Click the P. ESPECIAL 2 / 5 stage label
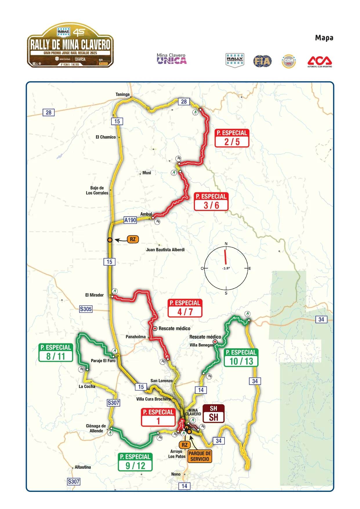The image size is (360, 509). pos(232,138)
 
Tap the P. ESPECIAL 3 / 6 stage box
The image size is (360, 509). pos(211,201)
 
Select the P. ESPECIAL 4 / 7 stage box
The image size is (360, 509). pos(185,308)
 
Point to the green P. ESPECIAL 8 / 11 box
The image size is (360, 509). pos(55,353)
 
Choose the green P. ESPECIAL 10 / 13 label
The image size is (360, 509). pos(241,358)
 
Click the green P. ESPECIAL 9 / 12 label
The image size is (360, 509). pos(135,462)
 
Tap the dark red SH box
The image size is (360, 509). pos(214,414)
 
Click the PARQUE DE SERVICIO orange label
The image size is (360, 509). pos(200,456)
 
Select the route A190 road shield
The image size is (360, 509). pos(130,220)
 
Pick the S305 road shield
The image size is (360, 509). pos(86,309)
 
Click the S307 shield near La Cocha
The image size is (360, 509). pos(113,402)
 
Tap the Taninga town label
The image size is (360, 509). pos(122,94)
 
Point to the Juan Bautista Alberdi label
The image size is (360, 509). pos(165,250)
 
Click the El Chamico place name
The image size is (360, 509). pos(106,137)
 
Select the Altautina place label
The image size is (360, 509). pos(83,467)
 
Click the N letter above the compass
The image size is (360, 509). pos(226,244)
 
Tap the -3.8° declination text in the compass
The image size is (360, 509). pos(226,268)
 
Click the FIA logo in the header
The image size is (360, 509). pos(262,61)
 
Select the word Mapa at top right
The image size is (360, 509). pos(324,38)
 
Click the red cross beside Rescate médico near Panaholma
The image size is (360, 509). pos(155,328)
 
